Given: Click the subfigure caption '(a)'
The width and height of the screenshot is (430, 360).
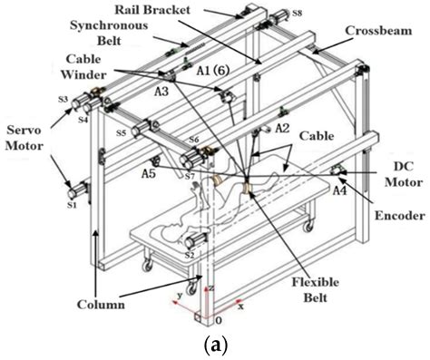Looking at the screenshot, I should click(214, 346).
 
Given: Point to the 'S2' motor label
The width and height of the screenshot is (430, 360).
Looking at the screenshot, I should click(189, 257).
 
